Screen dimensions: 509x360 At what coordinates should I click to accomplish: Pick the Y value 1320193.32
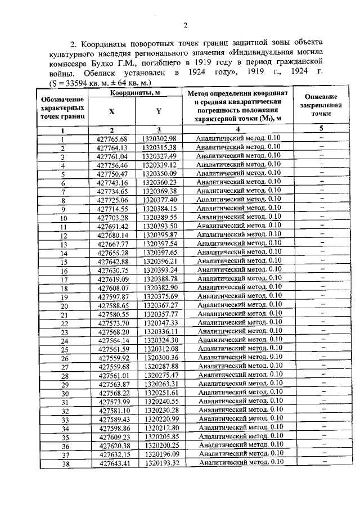tap(160, 463)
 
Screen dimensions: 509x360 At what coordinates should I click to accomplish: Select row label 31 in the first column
tap(64, 402)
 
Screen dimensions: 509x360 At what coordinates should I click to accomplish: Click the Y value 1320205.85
tap(160, 436)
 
